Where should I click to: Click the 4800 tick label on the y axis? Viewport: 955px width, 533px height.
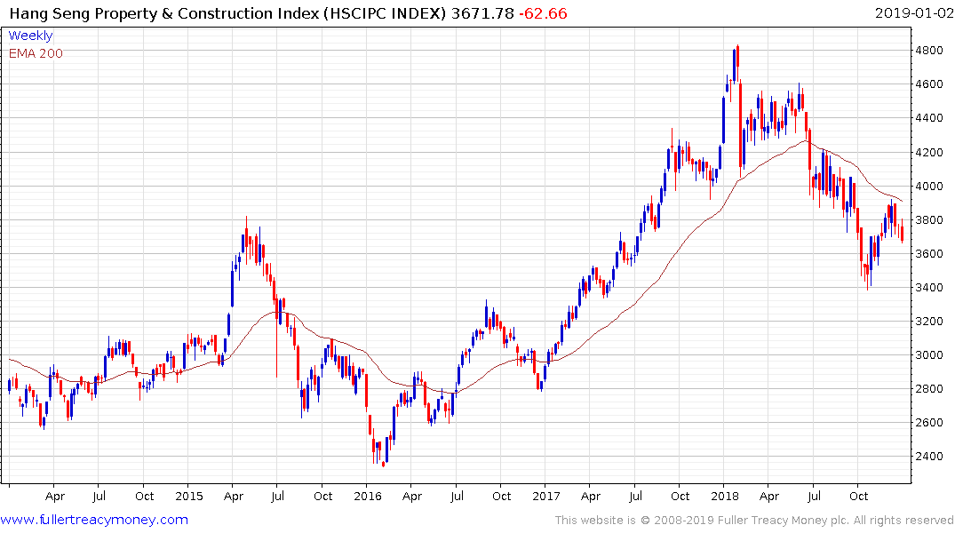pyautogui.click(x=930, y=51)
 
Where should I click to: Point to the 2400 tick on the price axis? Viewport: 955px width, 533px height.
pyautogui.click(x=930, y=457)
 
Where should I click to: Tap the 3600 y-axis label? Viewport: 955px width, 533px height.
pyautogui.click(x=930, y=254)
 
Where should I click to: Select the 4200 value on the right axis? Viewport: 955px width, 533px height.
pyautogui.click(x=930, y=153)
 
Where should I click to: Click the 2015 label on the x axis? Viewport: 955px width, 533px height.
pyautogui.click(x=189, y=497)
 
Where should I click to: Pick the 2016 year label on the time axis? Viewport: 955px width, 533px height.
pyautogui.click(x=368, y=497)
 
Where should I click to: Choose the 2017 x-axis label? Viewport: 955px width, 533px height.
pyautogui.click(x=546, y=497)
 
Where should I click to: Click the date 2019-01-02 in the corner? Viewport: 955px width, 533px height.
pyautogui.click(x=912, y=13)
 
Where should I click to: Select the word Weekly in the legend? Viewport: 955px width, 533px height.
pyautogui.click(x=30, y=36)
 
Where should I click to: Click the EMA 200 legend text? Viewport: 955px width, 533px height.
pyautogui.click(x=36, y=53)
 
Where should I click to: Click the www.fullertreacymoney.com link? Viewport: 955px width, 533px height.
pyautogui.click(x=94, y=520)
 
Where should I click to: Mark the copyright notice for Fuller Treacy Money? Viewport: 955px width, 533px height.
pyautogui.click(x=754, y=521)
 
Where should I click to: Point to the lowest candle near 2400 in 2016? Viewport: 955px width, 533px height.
pyautogui.click(x=383, y=462)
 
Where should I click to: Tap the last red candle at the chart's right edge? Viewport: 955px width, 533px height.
pyautogui.click(x=903, y=234)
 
